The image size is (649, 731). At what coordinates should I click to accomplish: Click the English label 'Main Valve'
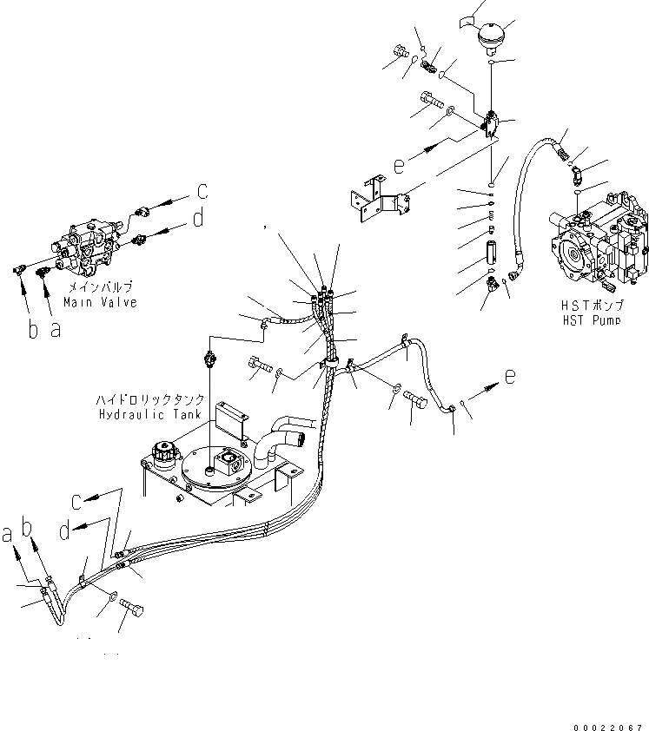(100, 303)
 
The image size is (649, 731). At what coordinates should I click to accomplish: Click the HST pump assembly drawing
(598, 246)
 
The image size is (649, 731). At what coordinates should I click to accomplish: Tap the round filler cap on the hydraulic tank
(163, 452)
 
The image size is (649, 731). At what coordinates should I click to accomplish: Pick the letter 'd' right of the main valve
(199, 219)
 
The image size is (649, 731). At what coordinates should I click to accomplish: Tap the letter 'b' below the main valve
(33, 331)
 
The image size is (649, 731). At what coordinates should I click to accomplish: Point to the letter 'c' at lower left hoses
(77, 500)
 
